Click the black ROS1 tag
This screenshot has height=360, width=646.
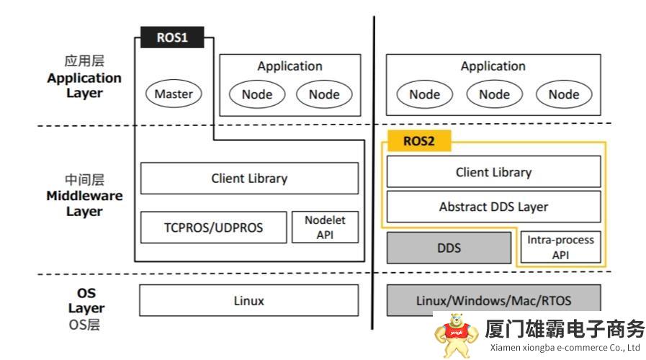pyautogui.click(x=172, y=37)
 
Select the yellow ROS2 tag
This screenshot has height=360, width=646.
pyautogui.click(x=419, y=141)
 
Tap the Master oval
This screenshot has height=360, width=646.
pyautogui.click(x=174, y=94)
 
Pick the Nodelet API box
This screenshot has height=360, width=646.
pyautogui.click(x=325, y=228)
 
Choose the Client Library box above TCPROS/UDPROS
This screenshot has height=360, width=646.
pyautogui.click(x=249, y=178)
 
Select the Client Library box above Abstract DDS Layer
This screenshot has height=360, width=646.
pyautogui.click(x=493, y=172)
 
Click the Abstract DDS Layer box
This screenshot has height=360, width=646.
pyautogui.click(x=493, y=207)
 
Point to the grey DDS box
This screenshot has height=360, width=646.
pyautogui.click(x=449, y=248)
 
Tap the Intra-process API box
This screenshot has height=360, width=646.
pyautogui.click(x=560, y=247)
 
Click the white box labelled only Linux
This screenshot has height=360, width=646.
pyautogui.click(x=248, y=300)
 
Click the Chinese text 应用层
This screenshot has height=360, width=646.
pyautogui.click(x=84, y=61)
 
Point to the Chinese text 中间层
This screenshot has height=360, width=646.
pyautogui.click(x=84, y=179)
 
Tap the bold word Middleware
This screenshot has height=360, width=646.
pyautogui.click(x=84, y=196)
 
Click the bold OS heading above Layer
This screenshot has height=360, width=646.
pyautogui.click(x=86, y=293)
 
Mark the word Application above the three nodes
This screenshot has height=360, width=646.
pyautogui.click(x=493, y=66)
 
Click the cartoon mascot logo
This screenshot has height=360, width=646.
pyautogui.click(x=455, y=335)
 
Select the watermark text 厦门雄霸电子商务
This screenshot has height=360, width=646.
pyautogui.click(x=565, y=330)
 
